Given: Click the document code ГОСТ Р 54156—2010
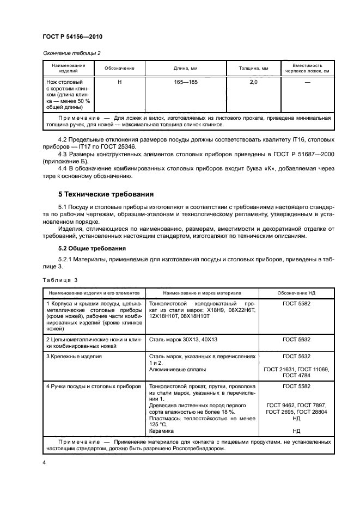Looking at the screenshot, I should (x=72, y=36).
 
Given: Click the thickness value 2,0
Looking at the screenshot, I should (x=253, y=82).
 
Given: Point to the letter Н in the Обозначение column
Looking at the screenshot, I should (x=119, y=82).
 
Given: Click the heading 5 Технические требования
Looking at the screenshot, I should (x=106, y=194).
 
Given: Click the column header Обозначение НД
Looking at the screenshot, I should (x=296, y=292).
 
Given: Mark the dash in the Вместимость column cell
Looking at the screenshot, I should (x=307, y=82).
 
